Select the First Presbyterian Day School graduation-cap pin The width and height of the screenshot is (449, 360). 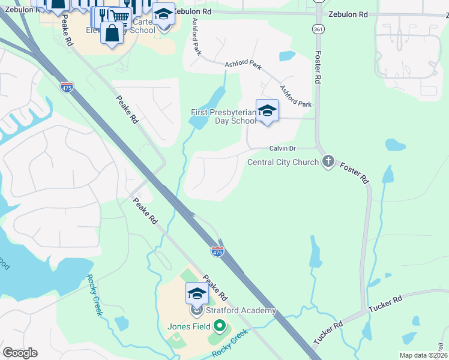267,111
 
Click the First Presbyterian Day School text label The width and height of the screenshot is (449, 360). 223,116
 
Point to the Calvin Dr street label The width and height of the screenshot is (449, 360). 283,148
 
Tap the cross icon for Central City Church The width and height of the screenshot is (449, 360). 328,161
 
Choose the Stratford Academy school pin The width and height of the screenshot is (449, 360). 196,295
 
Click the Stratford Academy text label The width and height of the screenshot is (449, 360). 241,310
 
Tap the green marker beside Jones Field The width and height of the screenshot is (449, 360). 220,326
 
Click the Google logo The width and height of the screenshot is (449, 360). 20,352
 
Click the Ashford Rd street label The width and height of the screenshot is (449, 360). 196,37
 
